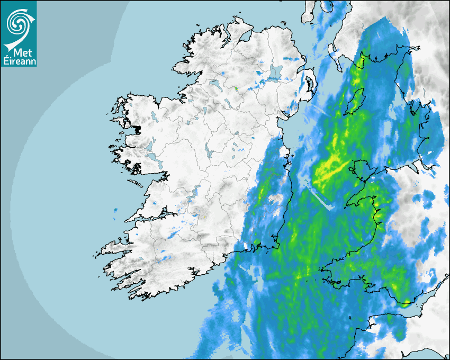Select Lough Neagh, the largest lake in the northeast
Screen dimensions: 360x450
tap(276, 73)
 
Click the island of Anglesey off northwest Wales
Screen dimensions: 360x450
tap(362, 168)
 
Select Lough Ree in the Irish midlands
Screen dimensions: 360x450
tap(210, 153)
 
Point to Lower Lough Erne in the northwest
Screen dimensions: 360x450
tap(214, 83)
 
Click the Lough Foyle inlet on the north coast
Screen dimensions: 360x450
tap(245, 36)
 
